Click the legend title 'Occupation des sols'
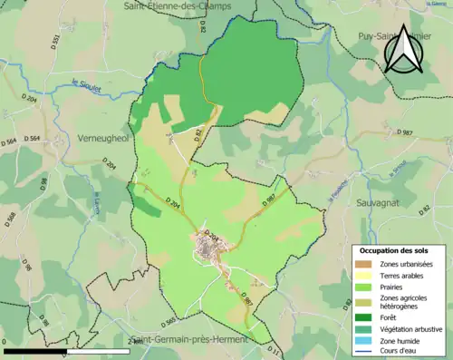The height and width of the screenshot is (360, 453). coord(394,249)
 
